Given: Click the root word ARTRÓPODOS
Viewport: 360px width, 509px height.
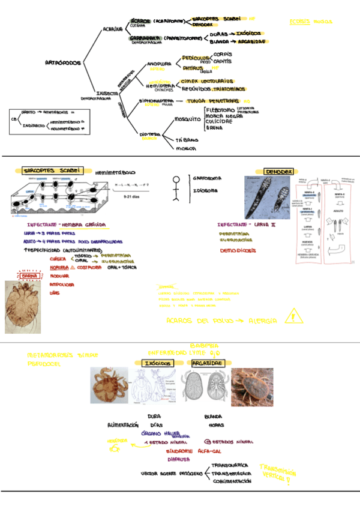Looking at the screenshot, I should (x=64, y=62).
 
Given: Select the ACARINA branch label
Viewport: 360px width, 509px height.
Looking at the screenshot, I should (x=112, y=28).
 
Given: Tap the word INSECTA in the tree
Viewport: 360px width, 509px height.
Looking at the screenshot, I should (x=107, y=93).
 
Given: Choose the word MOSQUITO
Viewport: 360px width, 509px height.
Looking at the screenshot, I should (x=187, y=119).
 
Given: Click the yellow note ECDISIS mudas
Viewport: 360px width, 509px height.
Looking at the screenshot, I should (x=310, y=22).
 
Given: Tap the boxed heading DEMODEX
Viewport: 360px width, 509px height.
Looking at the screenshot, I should (x=278, y=172).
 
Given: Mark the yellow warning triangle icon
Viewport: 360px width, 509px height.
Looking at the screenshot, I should (x=293, y=315).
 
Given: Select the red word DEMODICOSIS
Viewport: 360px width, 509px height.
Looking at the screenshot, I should (x=238, y=250).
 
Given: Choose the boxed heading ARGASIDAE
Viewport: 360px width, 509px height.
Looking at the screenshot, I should (x=208, y=363).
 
